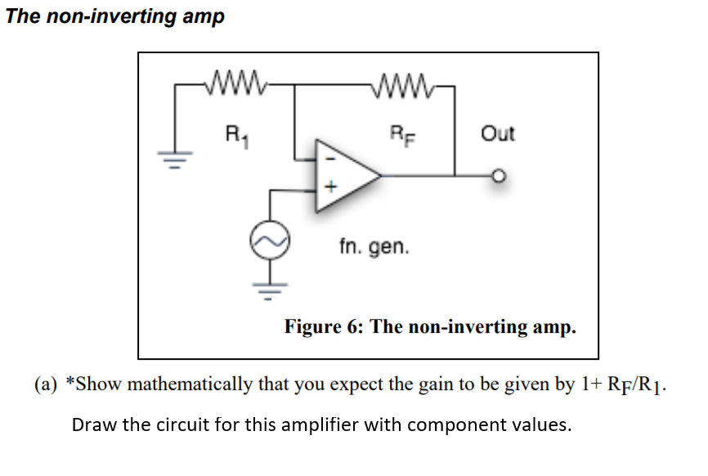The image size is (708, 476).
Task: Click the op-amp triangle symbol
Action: click(x=344, y=174)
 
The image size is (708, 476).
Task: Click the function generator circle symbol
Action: click(x=270, y=238)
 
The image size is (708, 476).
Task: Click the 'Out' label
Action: click(x=498, y=132)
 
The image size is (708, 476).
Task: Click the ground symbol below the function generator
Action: click(x=270, y=284)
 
